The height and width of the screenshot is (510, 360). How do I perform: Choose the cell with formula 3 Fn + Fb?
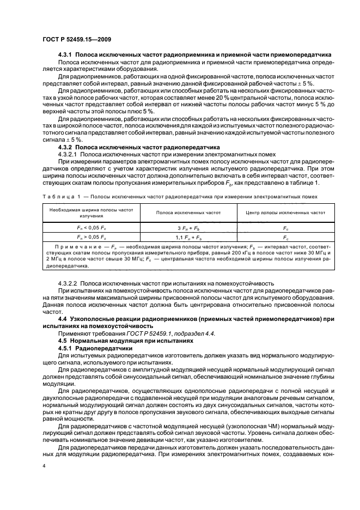click(188, 227)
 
